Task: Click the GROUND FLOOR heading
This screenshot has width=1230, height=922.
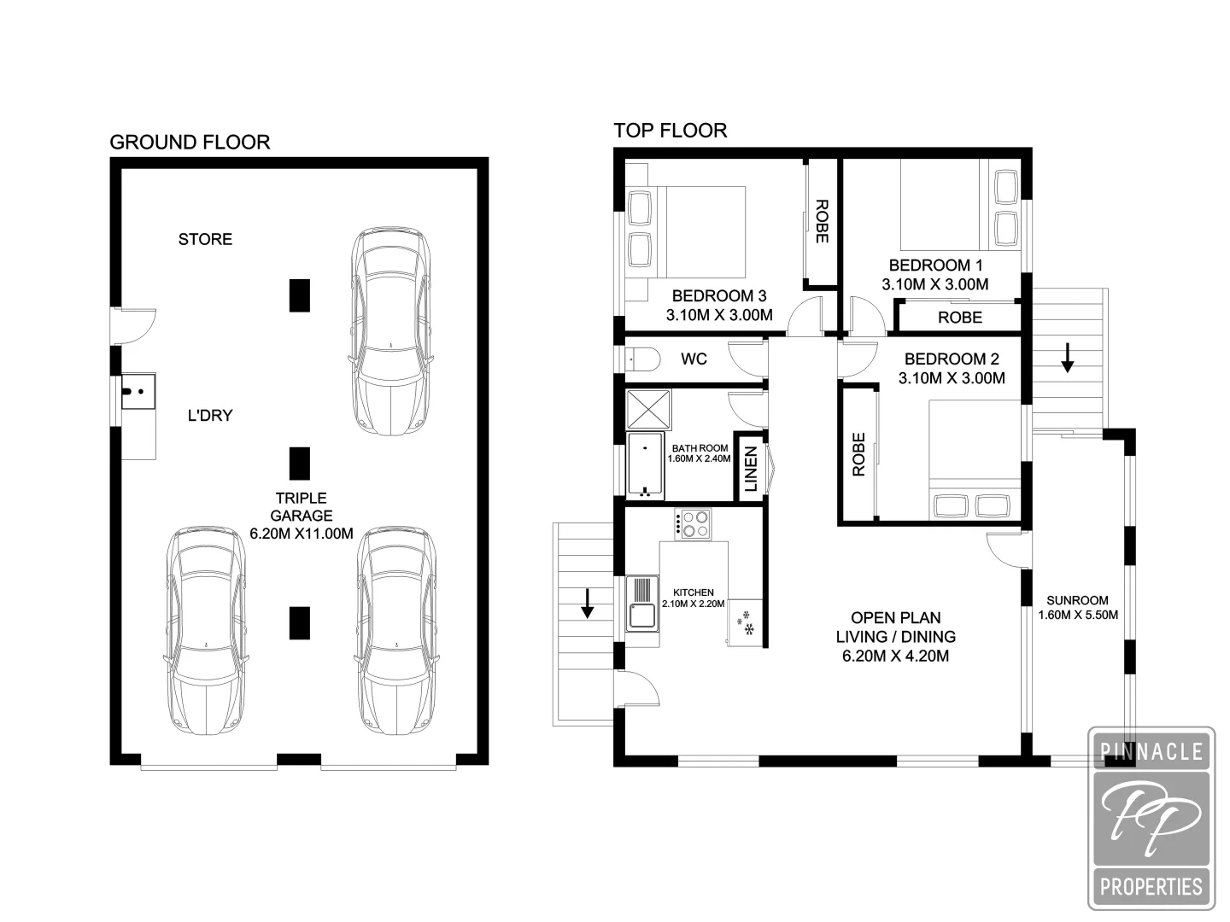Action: pos(190,143)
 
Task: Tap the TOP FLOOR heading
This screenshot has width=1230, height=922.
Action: pos(671,131)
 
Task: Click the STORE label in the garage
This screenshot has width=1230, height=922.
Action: pos(205,239)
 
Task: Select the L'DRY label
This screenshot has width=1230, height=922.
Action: pos(210,416)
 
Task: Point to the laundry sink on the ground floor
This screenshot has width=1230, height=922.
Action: pos(137,392)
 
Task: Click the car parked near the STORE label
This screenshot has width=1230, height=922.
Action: pos(389,331)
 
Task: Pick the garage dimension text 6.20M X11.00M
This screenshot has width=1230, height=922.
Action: pos(302,534)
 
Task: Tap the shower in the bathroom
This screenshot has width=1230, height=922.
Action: pos(648,411)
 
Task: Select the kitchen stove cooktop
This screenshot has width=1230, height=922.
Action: pos(693,523)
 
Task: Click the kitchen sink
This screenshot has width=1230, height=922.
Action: pos(641,604)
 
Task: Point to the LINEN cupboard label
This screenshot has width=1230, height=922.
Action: pos(750,470)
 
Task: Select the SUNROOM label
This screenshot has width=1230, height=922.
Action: pos(1077,600)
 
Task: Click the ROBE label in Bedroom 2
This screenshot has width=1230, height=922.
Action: pos(858,454)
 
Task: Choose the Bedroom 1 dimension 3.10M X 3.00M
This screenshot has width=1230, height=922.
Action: pos(935,284)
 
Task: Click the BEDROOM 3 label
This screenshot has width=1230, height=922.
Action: pos(719,296)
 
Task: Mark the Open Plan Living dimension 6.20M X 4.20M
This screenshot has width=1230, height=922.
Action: pos(896,656)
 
